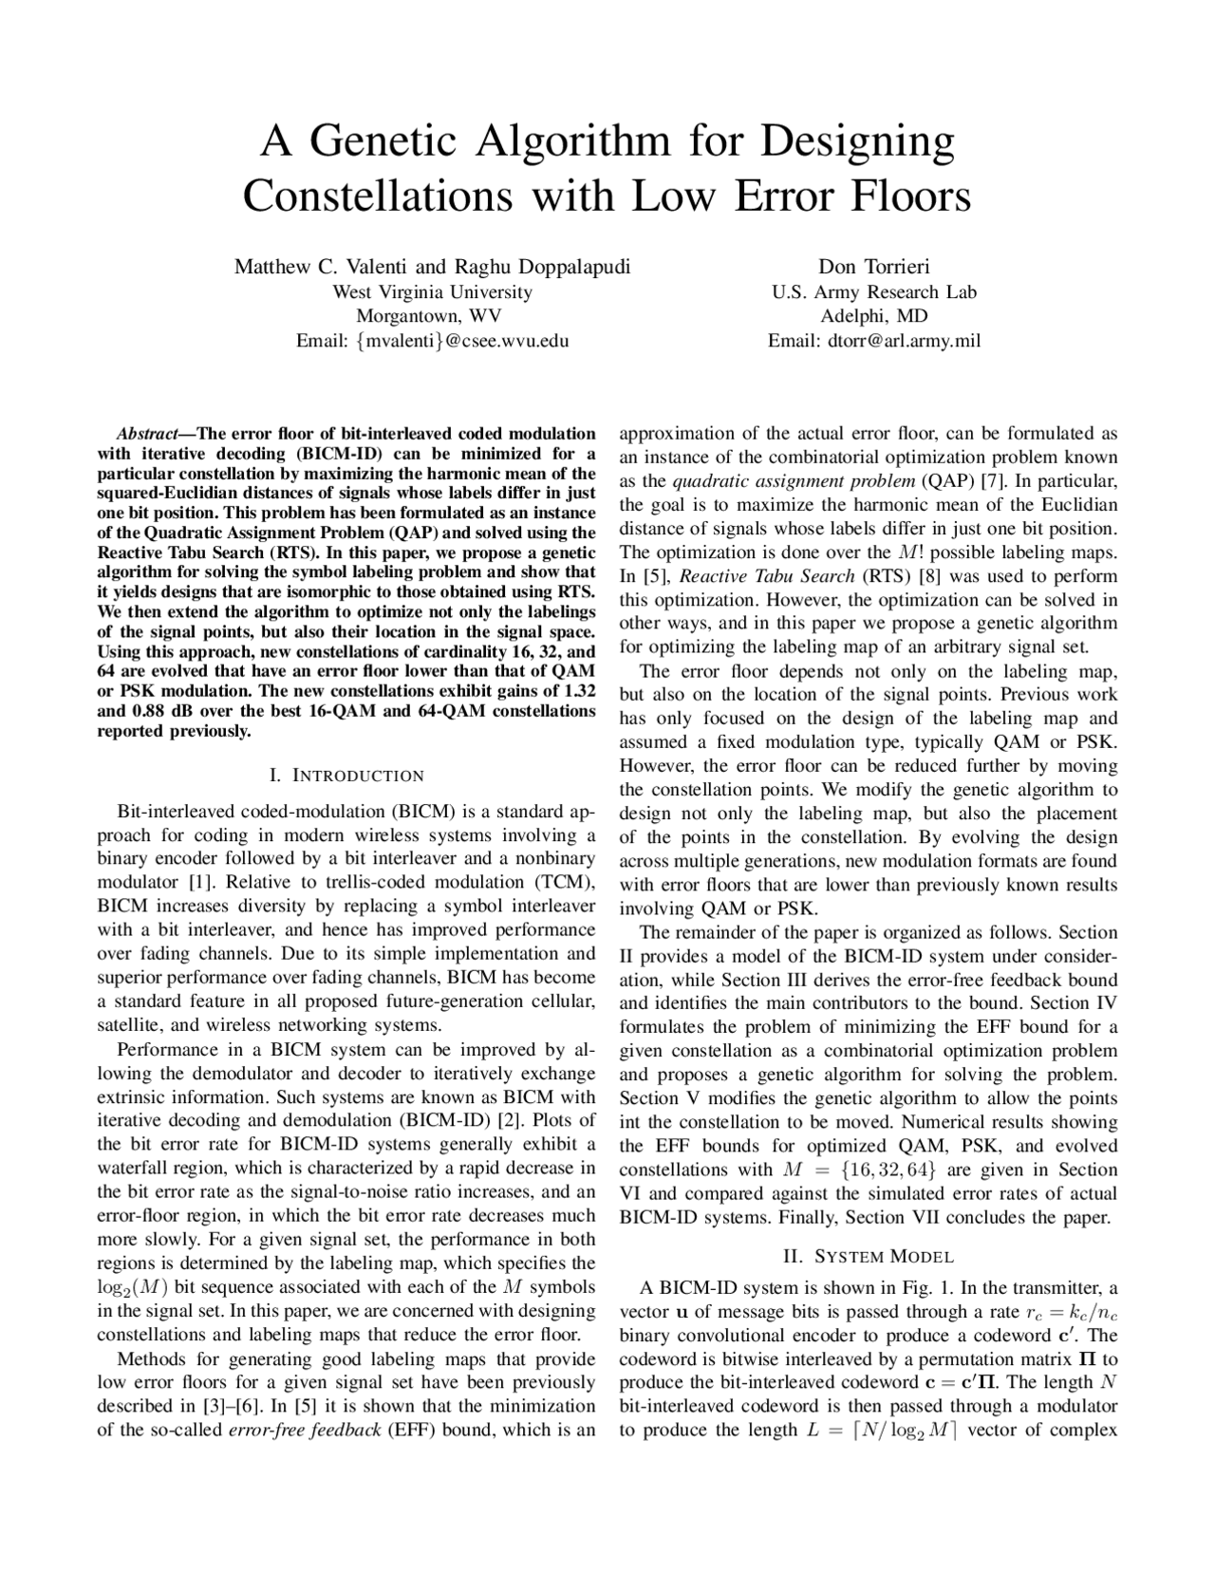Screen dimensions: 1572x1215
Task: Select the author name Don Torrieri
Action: (x=873, y=267)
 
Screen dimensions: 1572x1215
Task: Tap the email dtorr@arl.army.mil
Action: (x=873, y=341)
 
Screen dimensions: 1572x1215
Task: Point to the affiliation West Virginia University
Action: (x=432, y=291)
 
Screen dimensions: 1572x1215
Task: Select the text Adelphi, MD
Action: (x=873, y=316)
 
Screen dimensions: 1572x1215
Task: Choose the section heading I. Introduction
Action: (x=346, y=776)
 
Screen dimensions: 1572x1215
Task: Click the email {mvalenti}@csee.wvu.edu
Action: (x=432, y=341)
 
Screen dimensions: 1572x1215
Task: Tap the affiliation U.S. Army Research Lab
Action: (x=873, y=291)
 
